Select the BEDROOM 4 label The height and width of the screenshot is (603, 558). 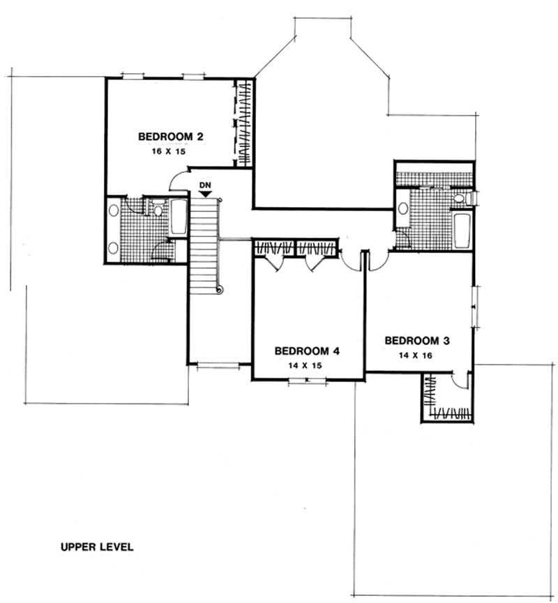tap(307, 351)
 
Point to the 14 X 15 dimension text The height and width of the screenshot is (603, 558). tap(307, 364)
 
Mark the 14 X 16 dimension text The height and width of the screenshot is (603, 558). tap(416, 355)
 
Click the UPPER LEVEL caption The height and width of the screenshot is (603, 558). tap(96, 547)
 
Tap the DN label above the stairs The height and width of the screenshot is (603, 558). tap(204, 185)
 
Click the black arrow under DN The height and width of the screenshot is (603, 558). tap(204, 194)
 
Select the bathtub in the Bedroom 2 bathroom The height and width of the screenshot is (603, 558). tap(178, 217)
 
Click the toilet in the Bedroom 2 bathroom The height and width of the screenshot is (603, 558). tap(158, 208)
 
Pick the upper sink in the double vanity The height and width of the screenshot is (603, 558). tap(114, 208)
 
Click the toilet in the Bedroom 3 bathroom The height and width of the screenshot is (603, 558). tap(460, 199)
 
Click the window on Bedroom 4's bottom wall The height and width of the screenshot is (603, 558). tap(308, 381)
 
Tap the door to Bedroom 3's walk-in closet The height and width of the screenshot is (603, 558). tap(458, 382)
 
